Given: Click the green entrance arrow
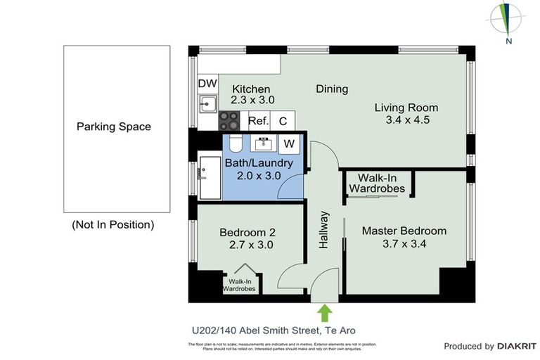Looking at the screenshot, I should [324, 311].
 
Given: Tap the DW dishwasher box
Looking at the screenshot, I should [207, 84].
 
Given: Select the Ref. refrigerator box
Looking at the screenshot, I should [258, 121].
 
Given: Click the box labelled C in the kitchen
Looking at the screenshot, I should [283, 121].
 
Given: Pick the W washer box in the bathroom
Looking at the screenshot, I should [288, 144].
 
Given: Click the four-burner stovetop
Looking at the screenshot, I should [230, 121].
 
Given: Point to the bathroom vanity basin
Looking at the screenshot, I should [265, 144].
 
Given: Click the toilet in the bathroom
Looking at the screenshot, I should [236, 143].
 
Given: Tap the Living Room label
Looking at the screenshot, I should [406, 108].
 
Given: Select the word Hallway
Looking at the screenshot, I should [324, 229].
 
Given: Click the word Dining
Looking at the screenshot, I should [332, 89].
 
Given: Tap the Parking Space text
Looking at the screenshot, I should [114, 127].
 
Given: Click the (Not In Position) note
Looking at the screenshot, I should [112, 225].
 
